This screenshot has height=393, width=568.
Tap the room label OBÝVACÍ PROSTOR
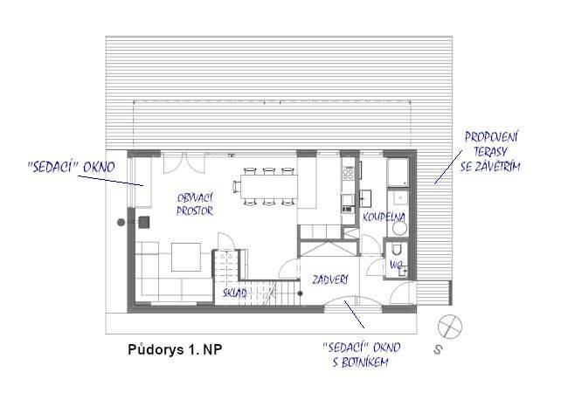tap(195, 203)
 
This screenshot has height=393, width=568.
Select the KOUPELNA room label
tap(384, 215)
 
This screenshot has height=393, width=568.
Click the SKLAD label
tap(234, 293)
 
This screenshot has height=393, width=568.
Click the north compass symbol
tap(450, 325)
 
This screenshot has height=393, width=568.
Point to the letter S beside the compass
tap(436, 352)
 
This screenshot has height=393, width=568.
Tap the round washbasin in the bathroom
tap(399, 228)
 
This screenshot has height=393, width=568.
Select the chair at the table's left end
tap(236, 185)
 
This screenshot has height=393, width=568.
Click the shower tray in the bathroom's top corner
tap(398, 169)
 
